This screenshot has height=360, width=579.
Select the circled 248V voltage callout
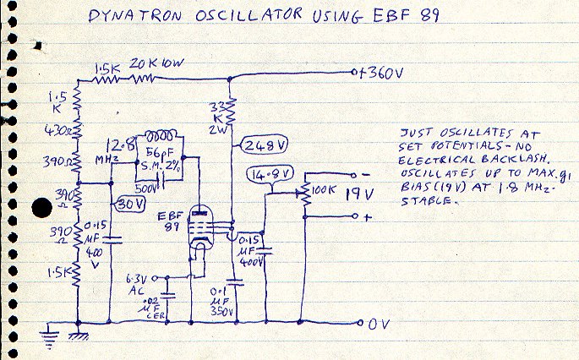point(264,145)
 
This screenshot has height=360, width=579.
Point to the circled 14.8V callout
point(272,175)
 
